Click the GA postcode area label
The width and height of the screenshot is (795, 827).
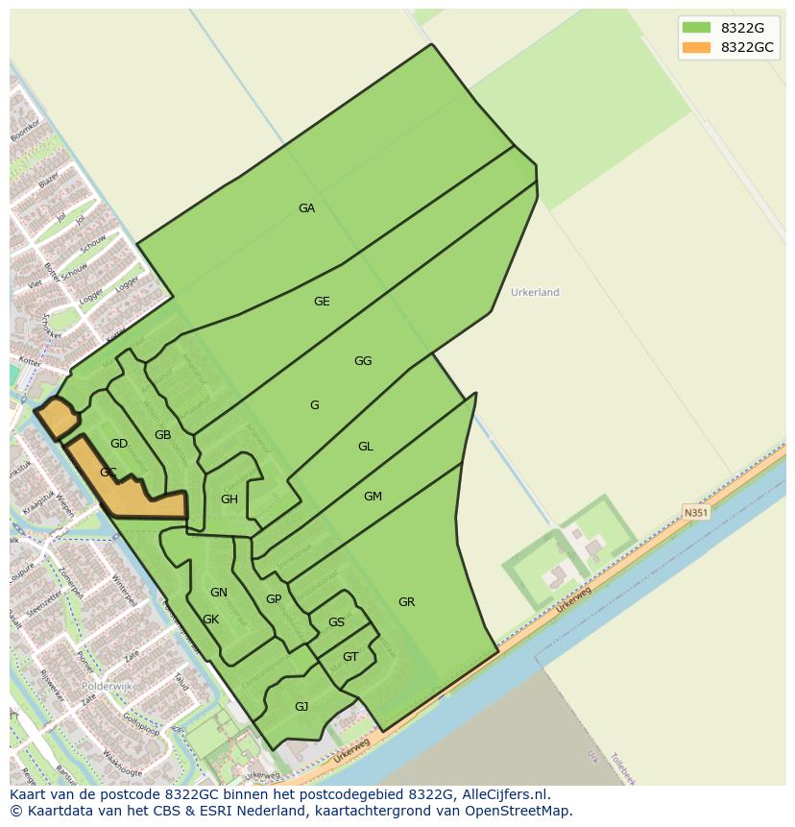(306, 208)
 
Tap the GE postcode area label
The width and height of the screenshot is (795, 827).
(322, 302)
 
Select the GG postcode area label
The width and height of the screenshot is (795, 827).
(362, 361)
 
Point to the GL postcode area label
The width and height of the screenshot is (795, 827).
(365, 447)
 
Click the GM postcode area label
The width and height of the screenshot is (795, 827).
(373, 497)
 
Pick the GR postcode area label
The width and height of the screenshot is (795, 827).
(406, 602)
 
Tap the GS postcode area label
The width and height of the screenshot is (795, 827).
(336, 622)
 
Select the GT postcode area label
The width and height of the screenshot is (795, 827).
(350, 657)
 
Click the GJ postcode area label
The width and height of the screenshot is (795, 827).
(301, 707)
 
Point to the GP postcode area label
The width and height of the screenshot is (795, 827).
(274, 599)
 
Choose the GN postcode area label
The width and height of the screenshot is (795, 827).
(219, 593)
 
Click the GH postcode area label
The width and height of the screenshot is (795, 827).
(229, 499)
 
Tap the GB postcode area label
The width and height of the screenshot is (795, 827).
(162, 435)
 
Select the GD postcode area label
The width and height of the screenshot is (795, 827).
(119, 444)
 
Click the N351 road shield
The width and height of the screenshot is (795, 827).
(696, 513)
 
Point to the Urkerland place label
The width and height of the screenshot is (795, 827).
(535, 292)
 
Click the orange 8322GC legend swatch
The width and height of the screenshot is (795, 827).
(696, 48)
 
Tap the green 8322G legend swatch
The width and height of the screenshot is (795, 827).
(696, 28)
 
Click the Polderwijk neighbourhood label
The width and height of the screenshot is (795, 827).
(107, 688)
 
